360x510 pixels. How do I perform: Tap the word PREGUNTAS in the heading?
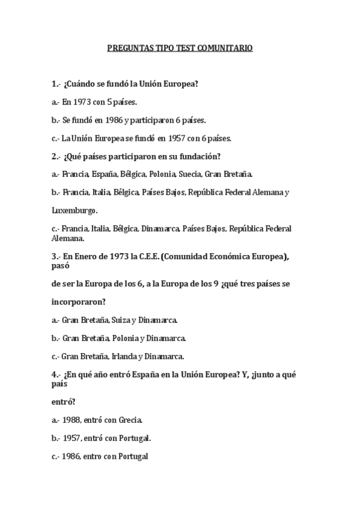tap(126, 47)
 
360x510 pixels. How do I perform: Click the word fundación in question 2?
tap(201, 157)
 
